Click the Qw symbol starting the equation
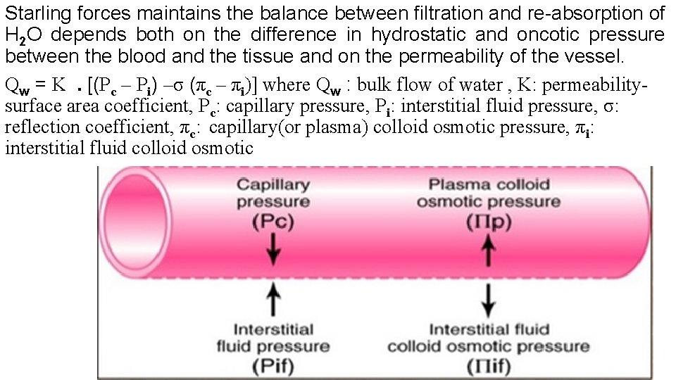tap(16, 87)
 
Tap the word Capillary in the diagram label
tap(273, 185)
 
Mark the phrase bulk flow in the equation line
tap(396, 86)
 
